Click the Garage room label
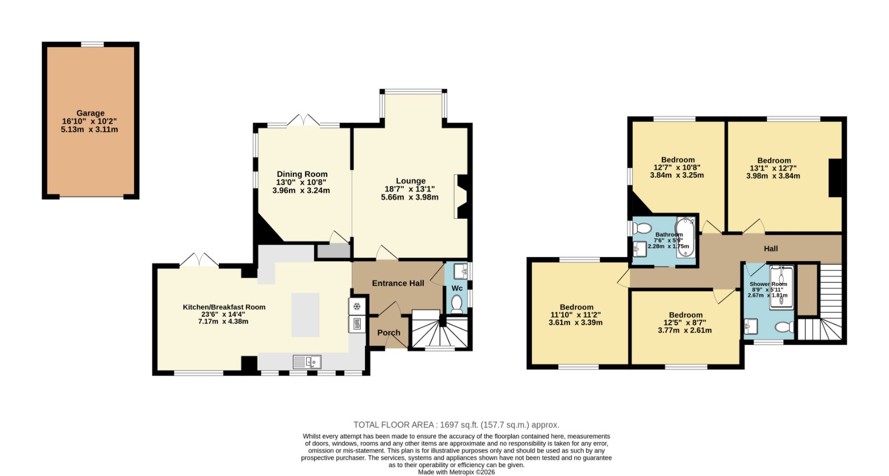tap(91, 113)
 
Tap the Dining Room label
tap(302, 174)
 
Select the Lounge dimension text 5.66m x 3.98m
tap(409, 197)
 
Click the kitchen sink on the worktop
tap(307, 362)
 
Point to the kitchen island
tap(306, 315)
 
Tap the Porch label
tap(388, 333)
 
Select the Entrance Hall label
tap(398, 283)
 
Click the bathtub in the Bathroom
tap(686, 237)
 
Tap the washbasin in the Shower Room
tap(751, 327)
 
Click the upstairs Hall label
tap(771, 249)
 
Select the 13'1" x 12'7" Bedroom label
tap(774, 161)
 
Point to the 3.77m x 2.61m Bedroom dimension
tap(686, 330)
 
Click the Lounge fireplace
tap(462, 197)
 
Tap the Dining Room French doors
tap(303, 121)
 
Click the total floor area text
tap(456, 425)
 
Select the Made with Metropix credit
tap(456, 472)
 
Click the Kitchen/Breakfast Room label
tap(224, 307)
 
